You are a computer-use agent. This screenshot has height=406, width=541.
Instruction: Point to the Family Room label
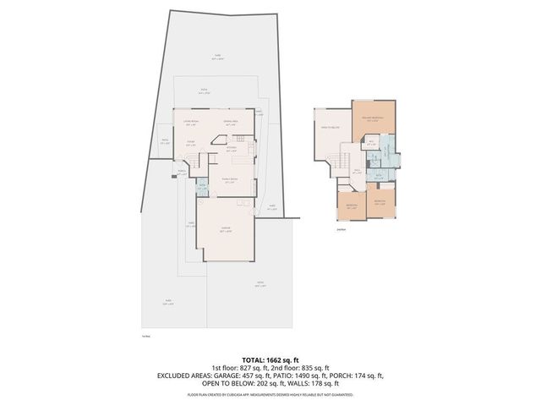tap(229, 180)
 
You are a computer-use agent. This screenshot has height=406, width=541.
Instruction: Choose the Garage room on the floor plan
tap(227, 229)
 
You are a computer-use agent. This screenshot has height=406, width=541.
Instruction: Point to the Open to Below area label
tap(330, 127)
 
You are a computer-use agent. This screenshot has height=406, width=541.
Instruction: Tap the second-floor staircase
tap(342, 159)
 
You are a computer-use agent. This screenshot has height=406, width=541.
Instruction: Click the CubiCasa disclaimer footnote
tap(270, 394)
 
